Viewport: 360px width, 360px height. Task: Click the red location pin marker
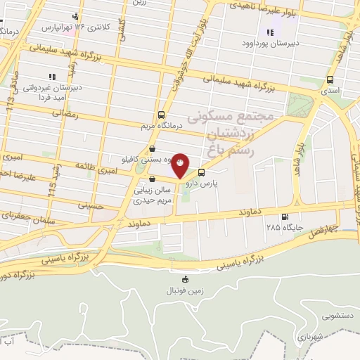pyautogui.click(x=181, y=163)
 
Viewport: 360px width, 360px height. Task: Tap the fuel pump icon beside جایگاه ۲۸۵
pyautogui.click(x=284, y=217)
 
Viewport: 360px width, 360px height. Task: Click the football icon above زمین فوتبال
pyautogui.click(x=185, y=279)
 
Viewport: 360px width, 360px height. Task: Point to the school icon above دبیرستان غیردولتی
pyautogui.click(x=51, y=77)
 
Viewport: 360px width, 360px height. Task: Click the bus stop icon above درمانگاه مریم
pyautogui.click(x=162, y=114)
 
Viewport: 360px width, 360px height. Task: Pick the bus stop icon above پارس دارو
pyautogui.click(x=202, y=172)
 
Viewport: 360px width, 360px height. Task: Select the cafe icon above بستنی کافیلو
pyautogui.click(x=153, y=148)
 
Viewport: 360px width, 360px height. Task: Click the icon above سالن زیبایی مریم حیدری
pyautogui.click(x=152, y=179)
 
